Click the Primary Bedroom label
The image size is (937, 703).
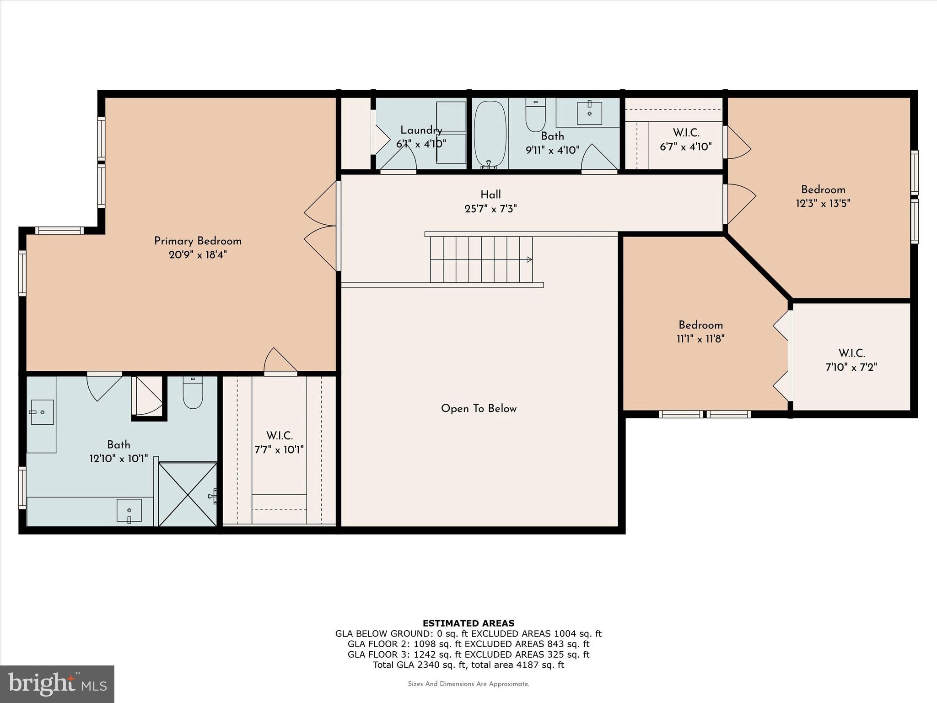click(x=198, y=241)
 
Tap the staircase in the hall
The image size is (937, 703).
click(x=481, y=259)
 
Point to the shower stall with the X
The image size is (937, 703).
click(x=188, y=494)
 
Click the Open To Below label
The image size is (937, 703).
click(x=479, y=409)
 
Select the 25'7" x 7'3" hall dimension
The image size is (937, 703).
click(x=490, y=209)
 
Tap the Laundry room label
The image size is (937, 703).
click(x=421, y=130)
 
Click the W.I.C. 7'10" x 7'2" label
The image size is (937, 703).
click(x=851, y=360)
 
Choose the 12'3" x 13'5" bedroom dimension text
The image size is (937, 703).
click(x=823, y=203)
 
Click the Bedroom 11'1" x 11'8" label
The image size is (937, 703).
click(x=700, y=332)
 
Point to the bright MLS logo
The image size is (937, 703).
click(x=57, y=684)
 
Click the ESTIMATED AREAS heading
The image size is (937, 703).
click(x=468, y=623)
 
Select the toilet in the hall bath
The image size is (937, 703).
click(x=535, y=115)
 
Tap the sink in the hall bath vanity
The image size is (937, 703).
click(x=589, y=113)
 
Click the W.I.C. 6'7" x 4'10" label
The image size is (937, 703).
click(x=685, y=140)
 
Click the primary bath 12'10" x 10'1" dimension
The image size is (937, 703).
click(x=118, y=458)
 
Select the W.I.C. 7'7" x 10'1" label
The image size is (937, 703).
click(x=279, y=443)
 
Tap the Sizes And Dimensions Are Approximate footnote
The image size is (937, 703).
click(x=468, y=684)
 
